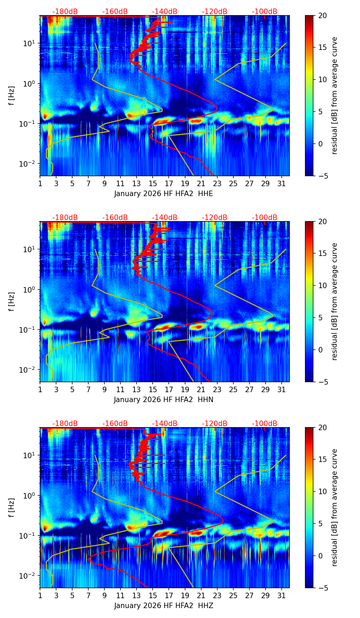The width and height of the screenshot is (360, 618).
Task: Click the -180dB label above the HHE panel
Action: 65,12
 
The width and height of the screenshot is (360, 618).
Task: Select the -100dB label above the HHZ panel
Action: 265,424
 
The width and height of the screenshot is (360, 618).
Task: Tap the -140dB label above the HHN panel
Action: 165,218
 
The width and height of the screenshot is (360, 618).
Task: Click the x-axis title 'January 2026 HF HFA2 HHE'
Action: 164,194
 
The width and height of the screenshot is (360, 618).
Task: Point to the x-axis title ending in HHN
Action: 164,400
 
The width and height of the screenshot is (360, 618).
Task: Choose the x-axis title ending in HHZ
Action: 164,606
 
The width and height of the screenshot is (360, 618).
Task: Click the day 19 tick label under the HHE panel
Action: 185,184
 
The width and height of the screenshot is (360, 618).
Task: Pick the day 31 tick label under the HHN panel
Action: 281,390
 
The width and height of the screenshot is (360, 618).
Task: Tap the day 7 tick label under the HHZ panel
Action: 88,596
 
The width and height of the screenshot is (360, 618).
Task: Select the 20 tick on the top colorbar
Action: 323,15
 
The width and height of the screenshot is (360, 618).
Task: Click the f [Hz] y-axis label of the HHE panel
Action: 12,96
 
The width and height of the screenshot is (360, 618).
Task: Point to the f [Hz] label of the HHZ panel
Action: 12,508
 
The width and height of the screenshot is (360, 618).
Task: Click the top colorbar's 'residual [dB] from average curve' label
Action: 334,96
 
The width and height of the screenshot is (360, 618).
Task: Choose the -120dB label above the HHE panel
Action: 215,12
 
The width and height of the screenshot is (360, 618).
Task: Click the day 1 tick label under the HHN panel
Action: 40,390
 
